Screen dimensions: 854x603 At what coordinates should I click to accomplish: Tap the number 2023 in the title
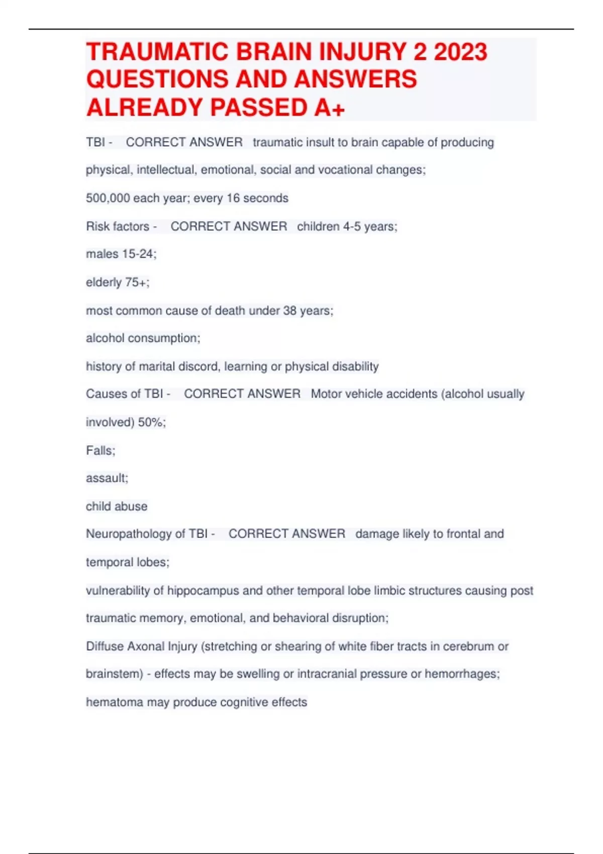[460, 52]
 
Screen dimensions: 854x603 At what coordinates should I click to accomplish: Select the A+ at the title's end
[330, 108]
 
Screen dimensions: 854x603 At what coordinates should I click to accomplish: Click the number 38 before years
[289, 310]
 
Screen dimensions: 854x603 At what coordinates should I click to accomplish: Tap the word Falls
[99, 450]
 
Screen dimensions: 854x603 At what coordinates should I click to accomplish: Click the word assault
[106, 478]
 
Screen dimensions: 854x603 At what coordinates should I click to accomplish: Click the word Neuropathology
[129, 533]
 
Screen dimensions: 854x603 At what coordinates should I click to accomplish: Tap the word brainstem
[113, 674]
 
